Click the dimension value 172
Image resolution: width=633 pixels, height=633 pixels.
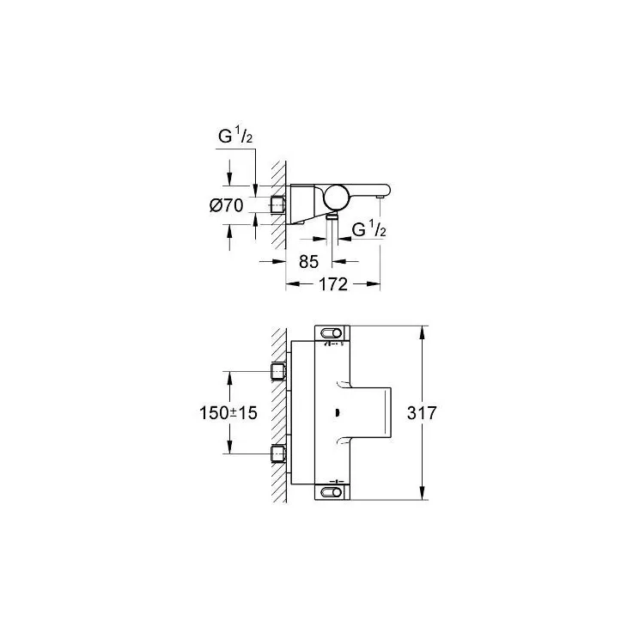click(333, 284)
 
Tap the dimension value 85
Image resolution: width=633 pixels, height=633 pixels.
click(309, 262)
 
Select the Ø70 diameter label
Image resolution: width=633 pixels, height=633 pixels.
click(227, 206)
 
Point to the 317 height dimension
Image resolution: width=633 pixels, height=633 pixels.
click(422, 413)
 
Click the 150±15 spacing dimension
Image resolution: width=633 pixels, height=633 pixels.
click(228, 413)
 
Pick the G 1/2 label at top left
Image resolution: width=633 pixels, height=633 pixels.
click(235, 135)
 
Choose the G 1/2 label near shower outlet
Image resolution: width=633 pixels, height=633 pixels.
click(369, 229)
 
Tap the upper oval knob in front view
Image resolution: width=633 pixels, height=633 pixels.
click(331, 333)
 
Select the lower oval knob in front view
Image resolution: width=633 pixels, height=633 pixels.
click(331, 492)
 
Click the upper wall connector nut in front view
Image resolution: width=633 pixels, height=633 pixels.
click(278, 371)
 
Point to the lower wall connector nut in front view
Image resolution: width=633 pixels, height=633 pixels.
click(278, 453)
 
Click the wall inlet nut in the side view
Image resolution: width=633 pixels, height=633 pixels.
click(277, 204)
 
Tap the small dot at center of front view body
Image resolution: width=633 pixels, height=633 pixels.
click(337, 412)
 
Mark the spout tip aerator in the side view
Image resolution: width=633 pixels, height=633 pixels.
click(380, 197)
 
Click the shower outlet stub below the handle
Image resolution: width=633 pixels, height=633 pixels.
click(332, 216)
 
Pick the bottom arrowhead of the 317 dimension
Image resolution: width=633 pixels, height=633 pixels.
click(422, 493)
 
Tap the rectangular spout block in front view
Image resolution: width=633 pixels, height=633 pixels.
click(370, 412)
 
